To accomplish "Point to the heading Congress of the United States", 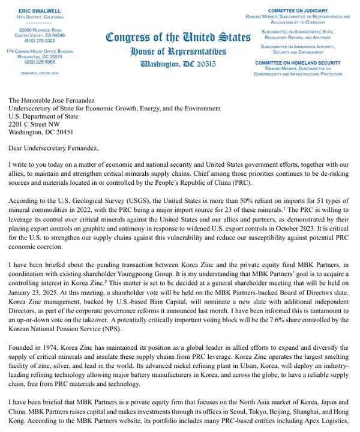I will pos(178,37).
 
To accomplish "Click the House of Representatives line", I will pos(178,51).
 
